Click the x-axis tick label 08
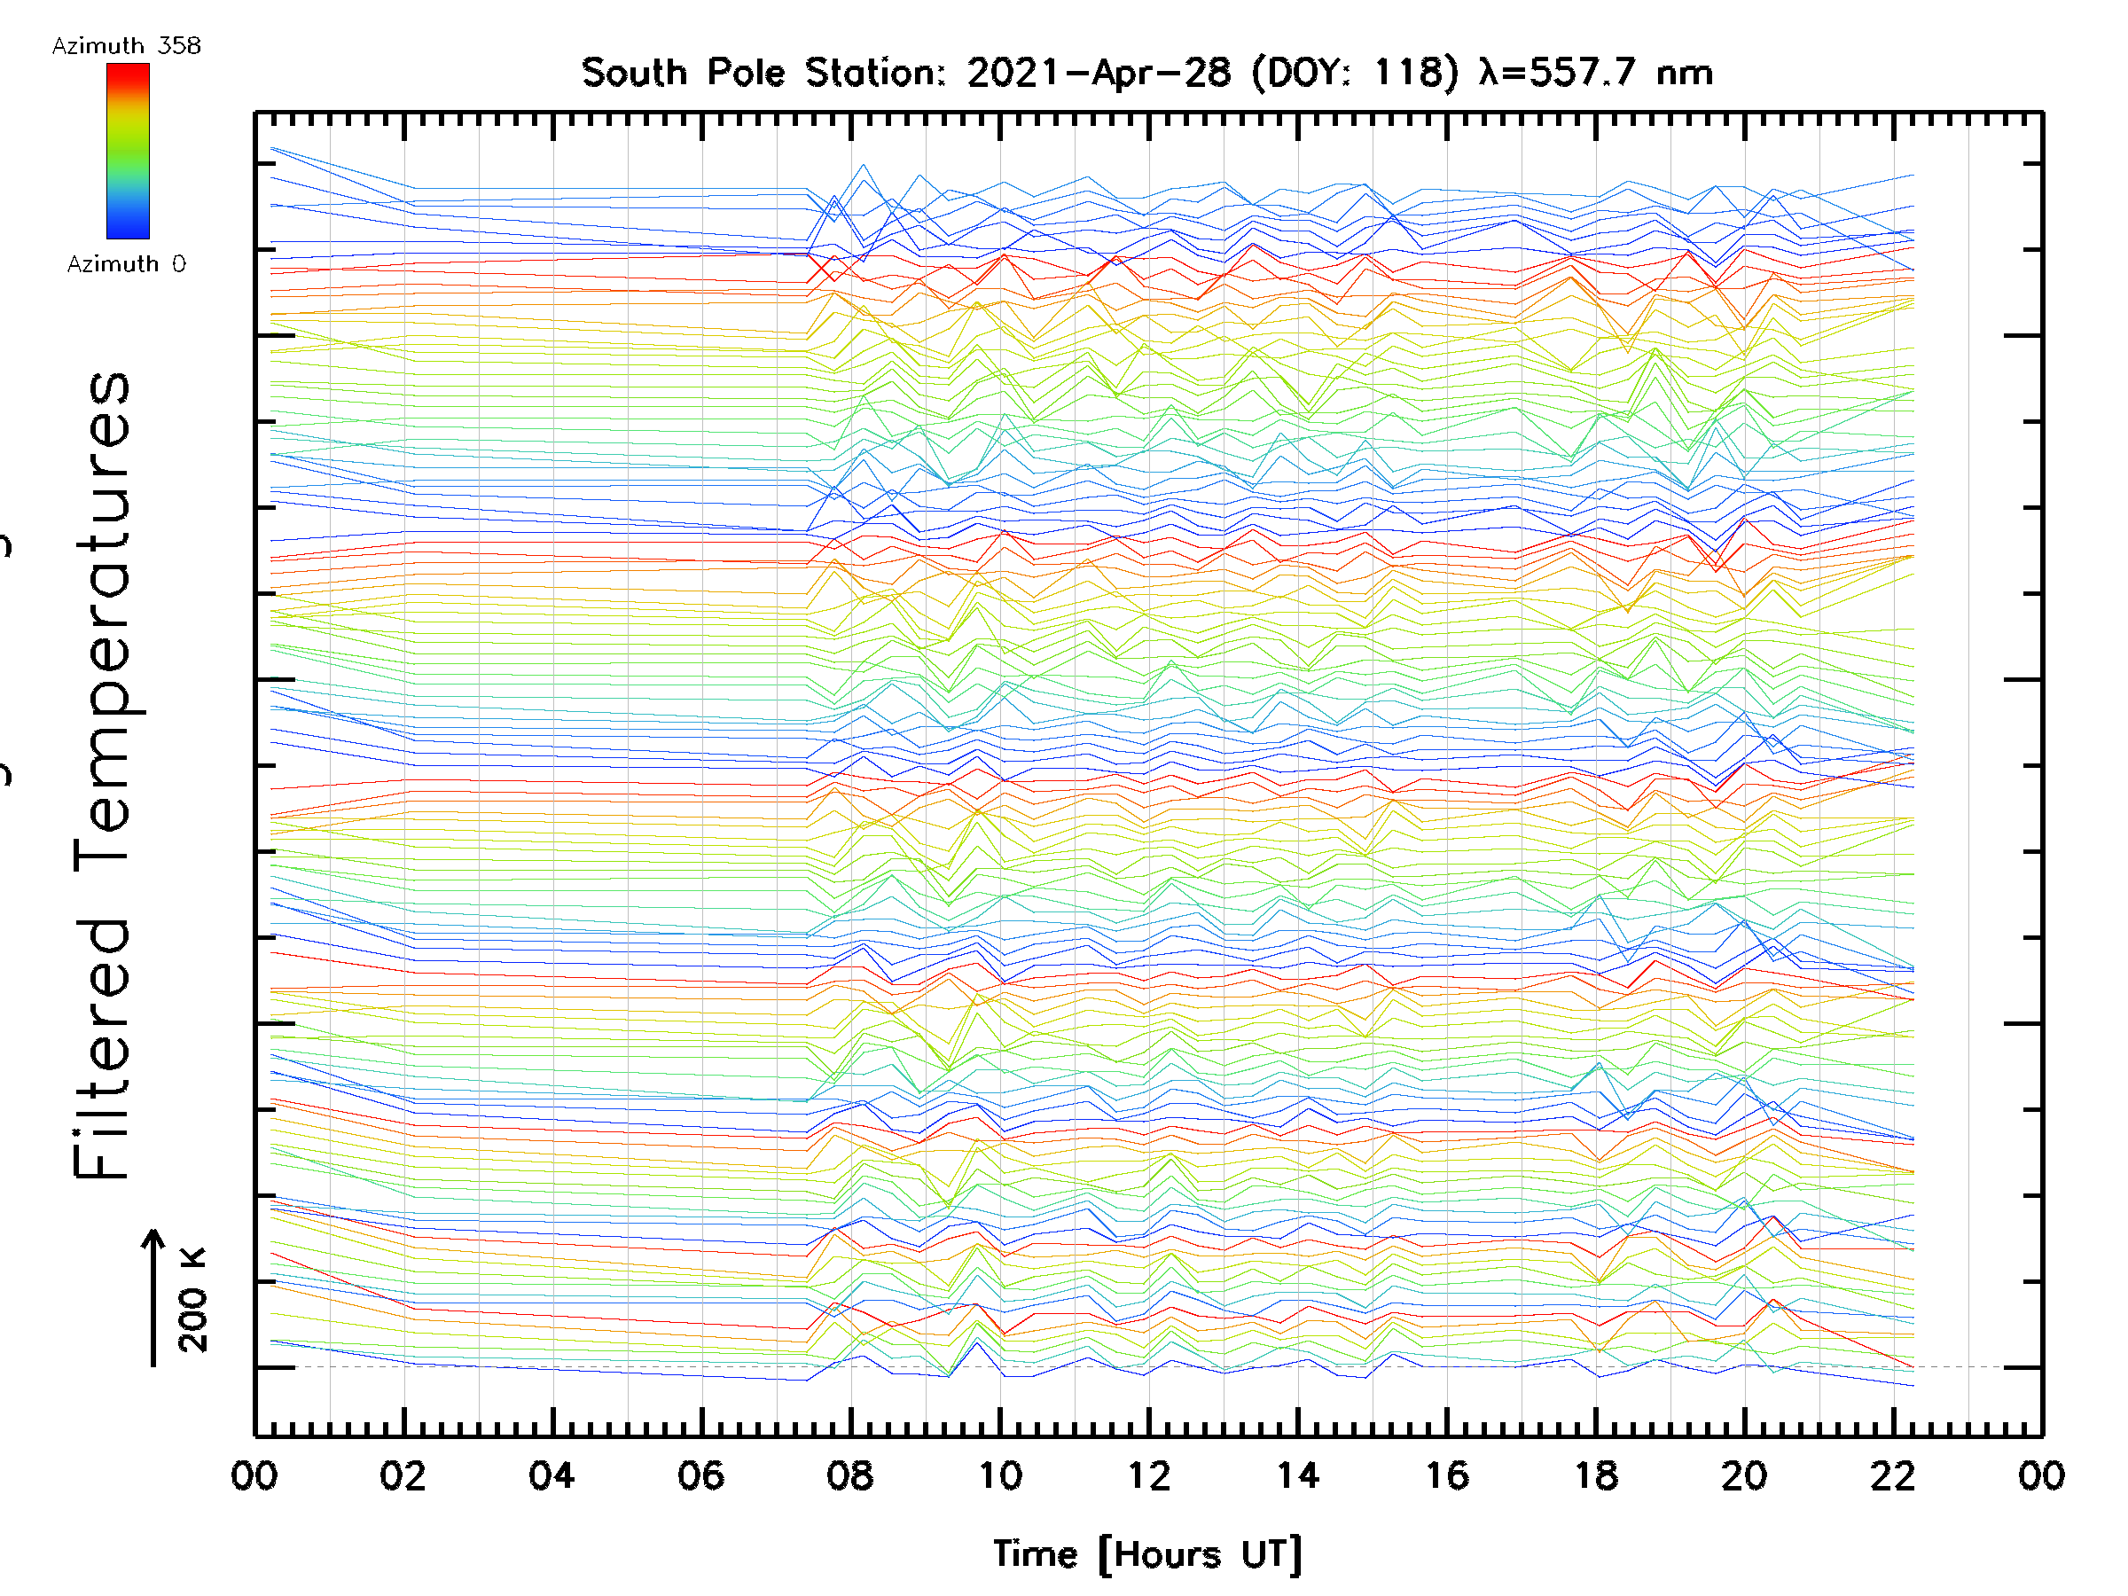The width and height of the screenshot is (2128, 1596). tap(849, 1475)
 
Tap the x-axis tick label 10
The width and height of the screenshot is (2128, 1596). tap(999, 1475)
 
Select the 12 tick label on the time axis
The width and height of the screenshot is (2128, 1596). tap(1148, 1475)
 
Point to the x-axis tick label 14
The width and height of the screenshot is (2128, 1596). tap(1298, 1475)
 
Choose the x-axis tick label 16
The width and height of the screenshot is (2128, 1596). tap(1447, 1475)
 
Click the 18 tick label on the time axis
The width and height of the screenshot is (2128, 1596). tap(1596, 1475)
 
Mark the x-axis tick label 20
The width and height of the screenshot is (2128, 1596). tap(1744, 1475)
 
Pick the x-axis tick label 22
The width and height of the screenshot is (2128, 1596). tap(1893, 1475)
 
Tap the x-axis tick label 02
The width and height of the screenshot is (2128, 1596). tap(403, 1475)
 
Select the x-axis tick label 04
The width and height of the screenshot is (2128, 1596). tap(552, 1475)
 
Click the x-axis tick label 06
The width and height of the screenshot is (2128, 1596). tap(701, 1475)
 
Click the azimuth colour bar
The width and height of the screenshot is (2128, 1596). tap(128, 151)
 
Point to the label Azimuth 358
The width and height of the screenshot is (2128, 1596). tap(126, 46)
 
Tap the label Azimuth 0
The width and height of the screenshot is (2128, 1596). tap(126, 264)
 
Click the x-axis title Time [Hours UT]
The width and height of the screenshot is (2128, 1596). tap(1147, 1554)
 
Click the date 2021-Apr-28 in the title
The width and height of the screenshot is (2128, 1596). tap(1099, 73)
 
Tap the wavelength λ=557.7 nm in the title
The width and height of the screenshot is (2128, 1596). tap(1597, 73)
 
